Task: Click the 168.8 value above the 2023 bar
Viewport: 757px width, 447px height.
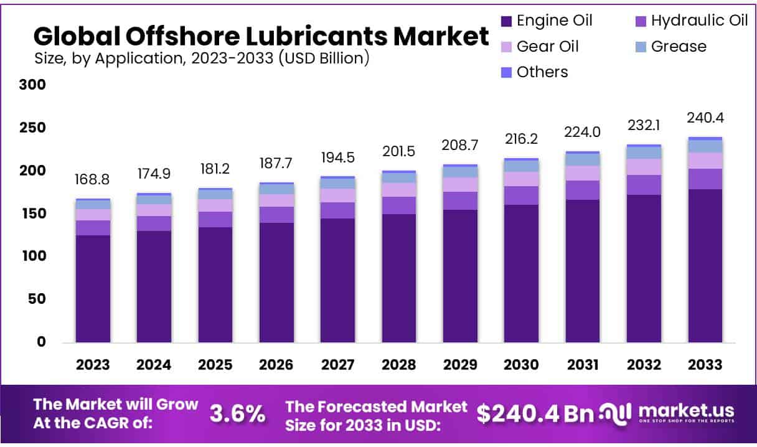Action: [93, 180]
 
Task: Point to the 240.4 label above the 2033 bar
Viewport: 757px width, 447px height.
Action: [705, 118]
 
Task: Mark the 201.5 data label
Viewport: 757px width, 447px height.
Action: [399, 152]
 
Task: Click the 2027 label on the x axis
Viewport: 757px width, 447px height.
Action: [337, 365]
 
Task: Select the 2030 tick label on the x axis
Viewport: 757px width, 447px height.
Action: [521, 365]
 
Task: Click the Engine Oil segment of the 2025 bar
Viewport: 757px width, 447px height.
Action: [215, 283]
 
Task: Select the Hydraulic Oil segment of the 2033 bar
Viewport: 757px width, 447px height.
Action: [705, 179]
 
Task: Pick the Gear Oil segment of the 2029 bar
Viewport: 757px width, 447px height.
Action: [460, 184]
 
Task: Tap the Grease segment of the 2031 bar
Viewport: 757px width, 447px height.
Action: [583, 159]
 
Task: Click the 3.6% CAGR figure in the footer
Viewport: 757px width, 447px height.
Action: [237, 413]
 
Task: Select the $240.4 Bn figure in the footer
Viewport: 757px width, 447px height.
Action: [534, 413]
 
